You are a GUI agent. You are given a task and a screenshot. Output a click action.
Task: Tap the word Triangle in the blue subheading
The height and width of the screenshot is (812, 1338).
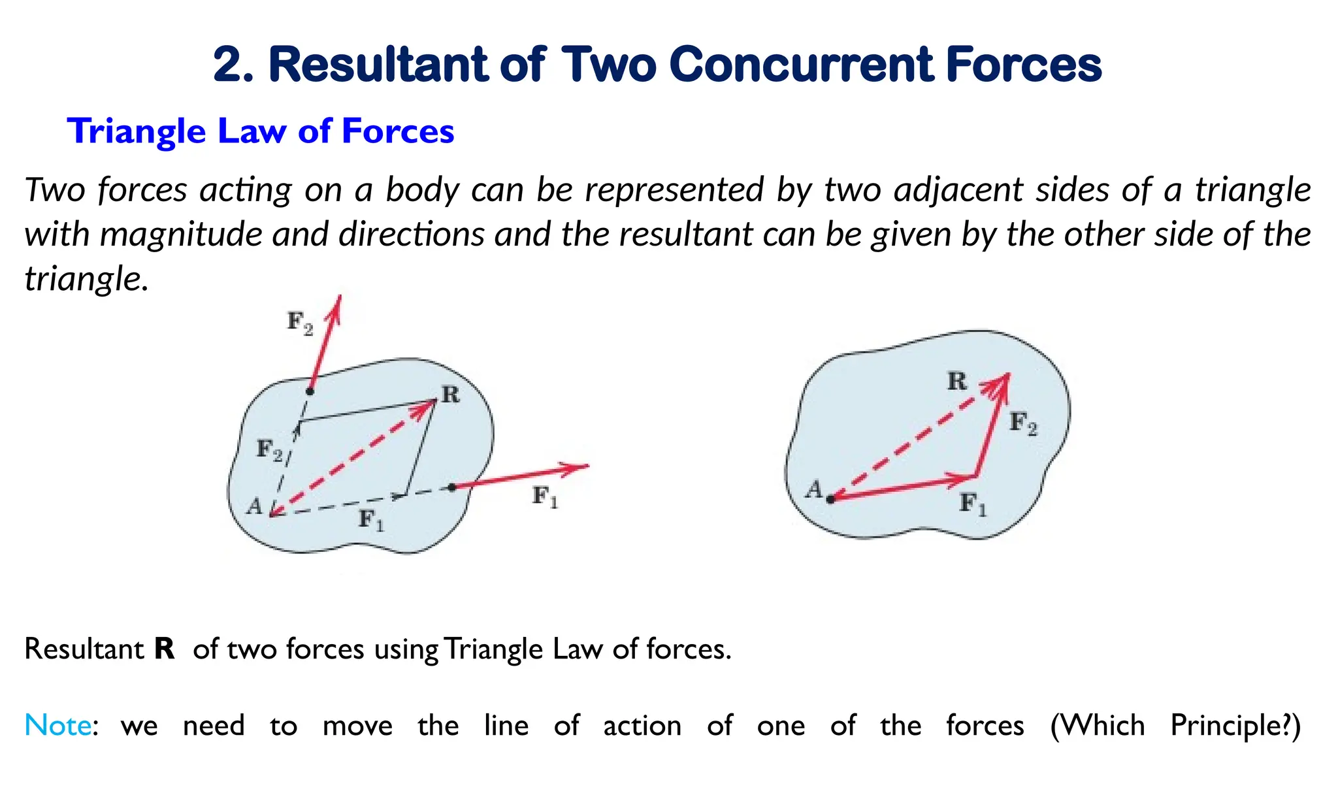coord(136,131)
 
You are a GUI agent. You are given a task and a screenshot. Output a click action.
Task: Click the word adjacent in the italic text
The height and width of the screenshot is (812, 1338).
coord(959,190)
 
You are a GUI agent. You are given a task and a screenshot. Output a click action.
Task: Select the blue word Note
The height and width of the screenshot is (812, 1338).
coord(57,726)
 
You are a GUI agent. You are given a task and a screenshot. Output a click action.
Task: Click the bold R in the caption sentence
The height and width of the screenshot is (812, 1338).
coord(165,649)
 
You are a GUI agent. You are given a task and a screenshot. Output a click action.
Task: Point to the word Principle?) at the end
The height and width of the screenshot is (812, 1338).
coord(1235,726)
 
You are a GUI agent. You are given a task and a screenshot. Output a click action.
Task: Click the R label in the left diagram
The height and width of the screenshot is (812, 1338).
coord(450,395)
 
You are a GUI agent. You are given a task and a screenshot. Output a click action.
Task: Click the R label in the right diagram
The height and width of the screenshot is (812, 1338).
coord(956,381)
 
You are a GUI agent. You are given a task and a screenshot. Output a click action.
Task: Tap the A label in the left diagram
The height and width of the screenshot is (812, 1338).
coord(254,506)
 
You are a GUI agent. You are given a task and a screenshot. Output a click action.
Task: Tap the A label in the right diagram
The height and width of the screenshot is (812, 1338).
coord(814,489)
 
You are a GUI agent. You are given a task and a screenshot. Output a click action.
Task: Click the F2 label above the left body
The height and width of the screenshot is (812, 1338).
coord(300,323)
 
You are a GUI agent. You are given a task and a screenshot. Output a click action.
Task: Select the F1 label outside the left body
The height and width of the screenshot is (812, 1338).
coord(545,497)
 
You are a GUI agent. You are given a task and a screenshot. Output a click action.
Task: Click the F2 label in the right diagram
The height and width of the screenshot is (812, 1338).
coord(1022,423)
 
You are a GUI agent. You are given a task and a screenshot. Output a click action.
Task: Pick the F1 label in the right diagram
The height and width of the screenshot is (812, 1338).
coord(972,504)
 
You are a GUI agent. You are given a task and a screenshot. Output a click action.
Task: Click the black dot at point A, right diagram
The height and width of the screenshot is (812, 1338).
coord(830,500)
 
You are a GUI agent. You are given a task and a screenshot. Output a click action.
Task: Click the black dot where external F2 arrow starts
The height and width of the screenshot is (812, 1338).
coord(310,391)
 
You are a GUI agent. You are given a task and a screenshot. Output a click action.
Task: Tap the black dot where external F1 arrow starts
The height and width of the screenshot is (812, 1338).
coord(451,487)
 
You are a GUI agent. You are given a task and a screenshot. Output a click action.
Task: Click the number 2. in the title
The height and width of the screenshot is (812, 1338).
coord(233,65)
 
